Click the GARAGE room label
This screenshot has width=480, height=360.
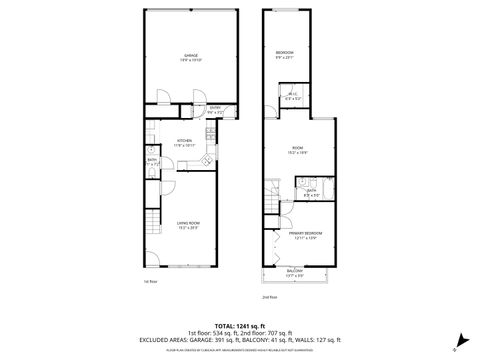click(x=191, y=55)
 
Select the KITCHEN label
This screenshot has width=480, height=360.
click(x=184, y=140)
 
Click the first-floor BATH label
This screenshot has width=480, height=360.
click(x=152, y=159)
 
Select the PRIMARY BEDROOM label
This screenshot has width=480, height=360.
click(x=303, y=234)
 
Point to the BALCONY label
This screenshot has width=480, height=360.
click(x=295, y=271)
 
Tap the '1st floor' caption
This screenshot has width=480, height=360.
click(x=149, y=281)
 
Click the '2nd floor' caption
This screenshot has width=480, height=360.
click(x=268, y=298)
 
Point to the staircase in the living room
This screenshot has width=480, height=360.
click(x=151, y=219)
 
